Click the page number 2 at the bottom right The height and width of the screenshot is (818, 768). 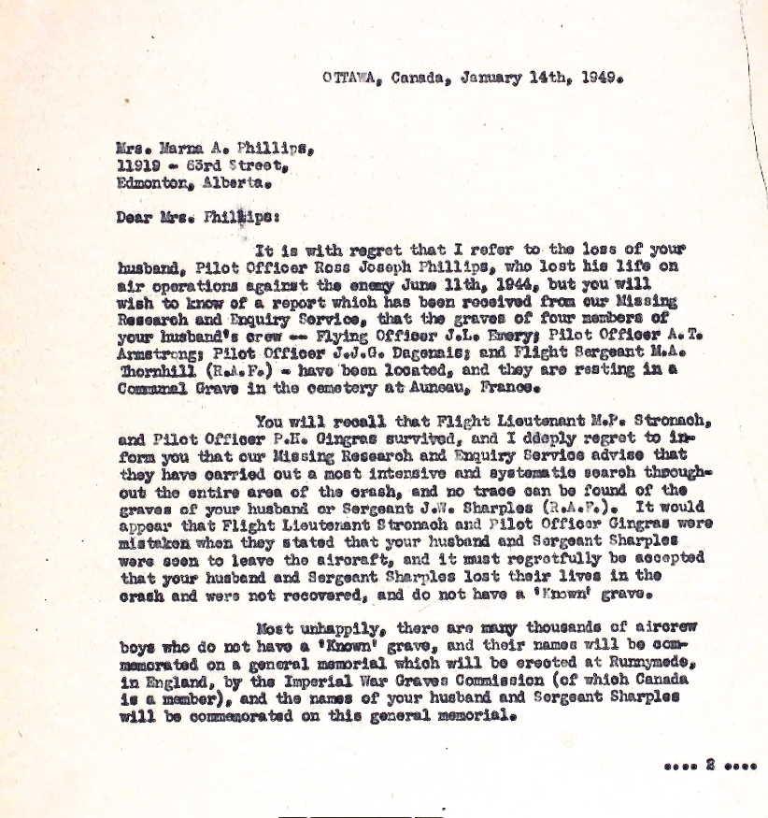[x=711, y=766]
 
